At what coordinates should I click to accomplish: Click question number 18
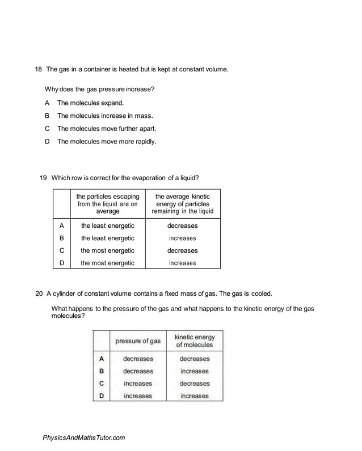39,70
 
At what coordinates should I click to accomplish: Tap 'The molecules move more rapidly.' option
106,141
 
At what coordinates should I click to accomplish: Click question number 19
43,177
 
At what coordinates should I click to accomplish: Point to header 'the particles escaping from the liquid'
107,204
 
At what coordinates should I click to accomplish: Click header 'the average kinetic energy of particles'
182,204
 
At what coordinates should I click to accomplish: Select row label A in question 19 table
61,226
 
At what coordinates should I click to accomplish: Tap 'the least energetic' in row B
107,238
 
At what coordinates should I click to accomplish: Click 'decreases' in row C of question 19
182,250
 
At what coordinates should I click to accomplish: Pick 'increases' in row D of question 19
182,263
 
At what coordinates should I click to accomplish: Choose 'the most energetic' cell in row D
107,263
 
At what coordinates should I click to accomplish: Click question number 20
39,293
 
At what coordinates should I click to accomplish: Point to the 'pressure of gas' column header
138,341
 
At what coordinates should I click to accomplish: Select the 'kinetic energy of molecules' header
194,341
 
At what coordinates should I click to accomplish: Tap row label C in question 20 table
101,384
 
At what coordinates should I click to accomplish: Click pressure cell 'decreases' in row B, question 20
138,371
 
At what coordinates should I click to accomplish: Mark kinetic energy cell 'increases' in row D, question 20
194,396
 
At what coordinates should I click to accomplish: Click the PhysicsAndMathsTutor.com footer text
83,437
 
